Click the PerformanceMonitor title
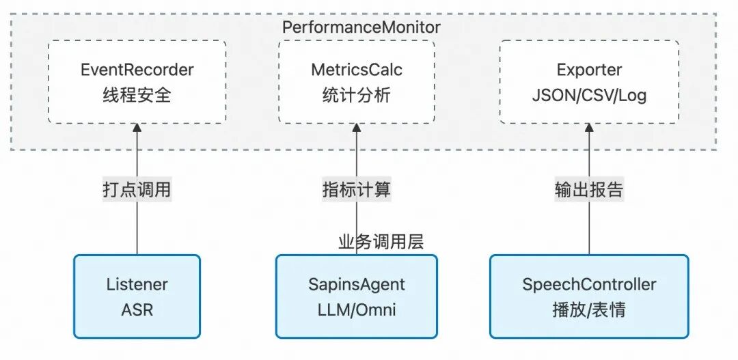tap(361, 27)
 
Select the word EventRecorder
tap(137, 70)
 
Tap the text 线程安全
tap(137, 95)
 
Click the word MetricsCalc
tap(357, 70)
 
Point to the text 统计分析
tap(357, 95)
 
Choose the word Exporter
tap(589, 70)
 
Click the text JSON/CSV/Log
tap(589, 95)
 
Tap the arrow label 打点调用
tap(137, 189)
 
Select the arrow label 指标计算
tap(357, 189)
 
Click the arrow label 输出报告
tap(589, 189)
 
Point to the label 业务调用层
tap(381, 242)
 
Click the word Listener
tap(137, 284)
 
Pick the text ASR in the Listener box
tap(137, 309)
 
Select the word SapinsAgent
tap(357, 284)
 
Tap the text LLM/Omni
tap(357, 309)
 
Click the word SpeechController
tap(589, 284)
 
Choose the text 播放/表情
tap(589, 309)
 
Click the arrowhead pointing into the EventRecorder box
tap(137, 129)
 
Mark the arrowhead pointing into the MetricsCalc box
tap(357, 129)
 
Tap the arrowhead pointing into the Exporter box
tap(589, 129)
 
